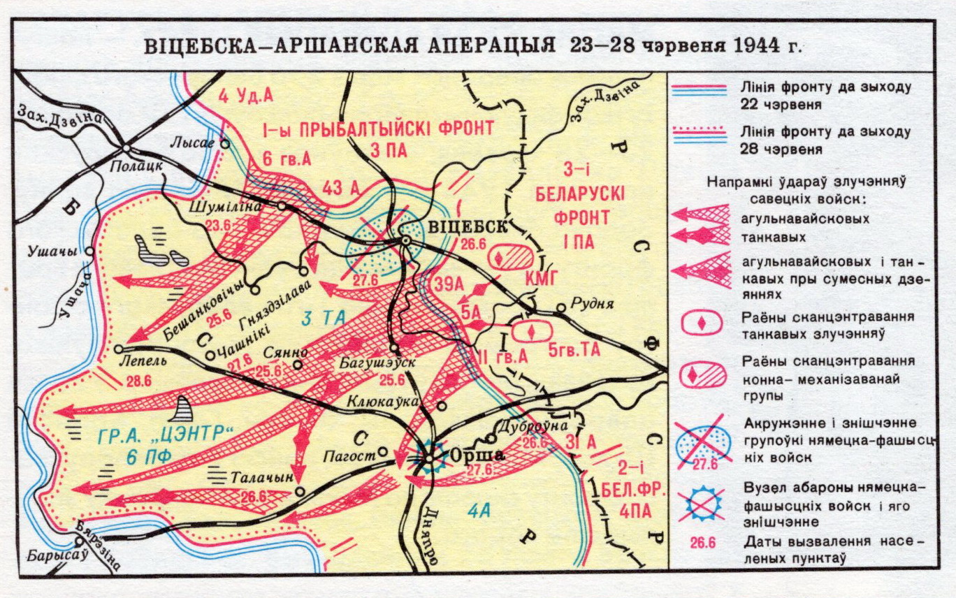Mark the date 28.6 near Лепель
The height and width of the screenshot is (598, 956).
(x=140, y=381)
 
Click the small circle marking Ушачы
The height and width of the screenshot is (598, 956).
(x=89, y=251)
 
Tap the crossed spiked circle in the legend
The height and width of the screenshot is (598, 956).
(x=703, y=504)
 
